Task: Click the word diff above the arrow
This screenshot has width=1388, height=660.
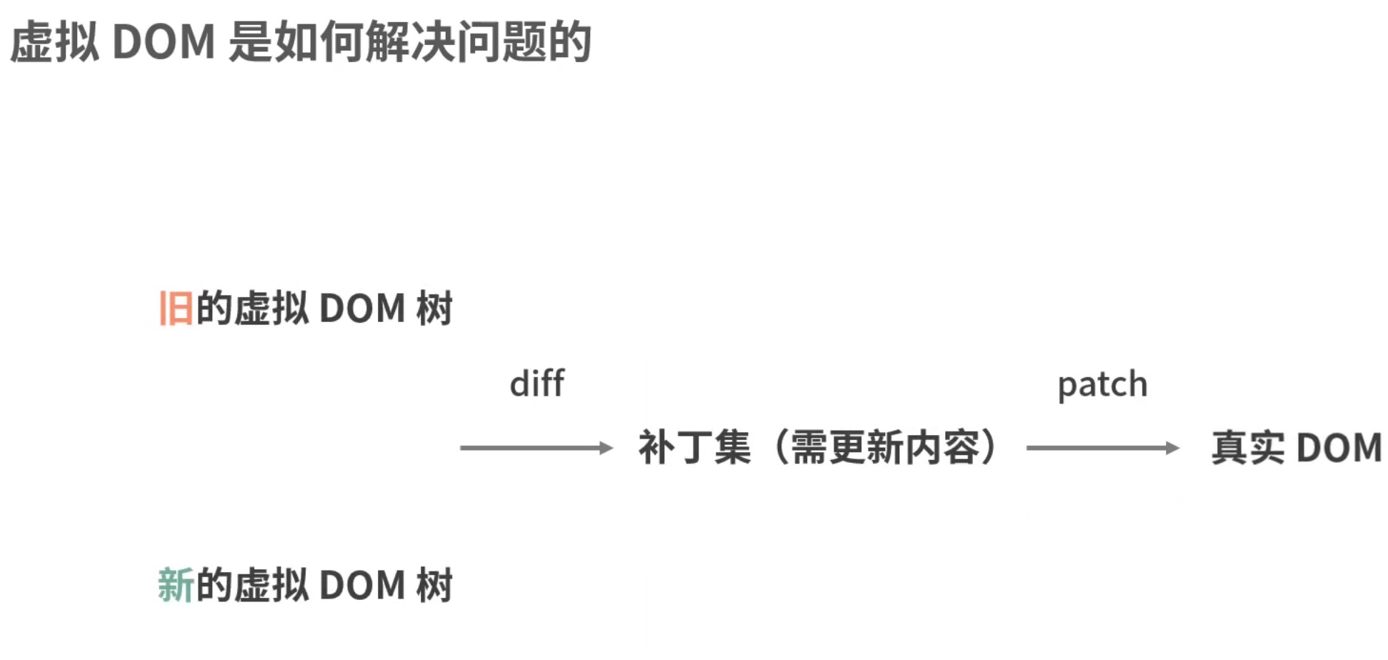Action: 536,384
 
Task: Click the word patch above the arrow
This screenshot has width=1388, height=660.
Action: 1102,385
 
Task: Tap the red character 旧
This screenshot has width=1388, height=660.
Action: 176,309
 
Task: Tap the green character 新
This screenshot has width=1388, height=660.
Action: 176,585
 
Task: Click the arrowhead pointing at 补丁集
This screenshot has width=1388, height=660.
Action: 606,448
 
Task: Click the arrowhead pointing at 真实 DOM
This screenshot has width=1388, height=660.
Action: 1172,448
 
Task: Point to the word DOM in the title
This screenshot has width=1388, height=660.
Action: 164,41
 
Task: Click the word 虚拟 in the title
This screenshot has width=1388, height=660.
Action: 54,41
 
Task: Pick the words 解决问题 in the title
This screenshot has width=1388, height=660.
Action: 455,41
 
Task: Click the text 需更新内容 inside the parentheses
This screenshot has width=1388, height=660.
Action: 884,448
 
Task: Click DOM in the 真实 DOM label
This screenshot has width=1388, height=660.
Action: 1339,448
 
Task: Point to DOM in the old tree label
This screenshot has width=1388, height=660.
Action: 362,309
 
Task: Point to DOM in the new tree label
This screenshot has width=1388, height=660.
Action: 362,585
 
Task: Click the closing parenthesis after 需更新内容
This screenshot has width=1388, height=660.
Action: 989,448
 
